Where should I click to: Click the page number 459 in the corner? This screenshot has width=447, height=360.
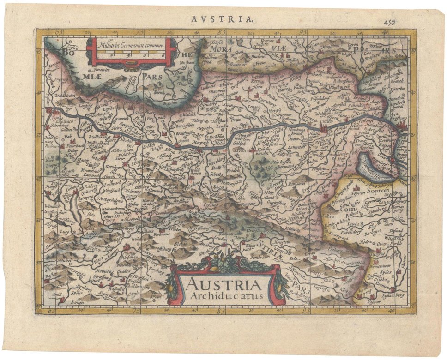tap(390, 21)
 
